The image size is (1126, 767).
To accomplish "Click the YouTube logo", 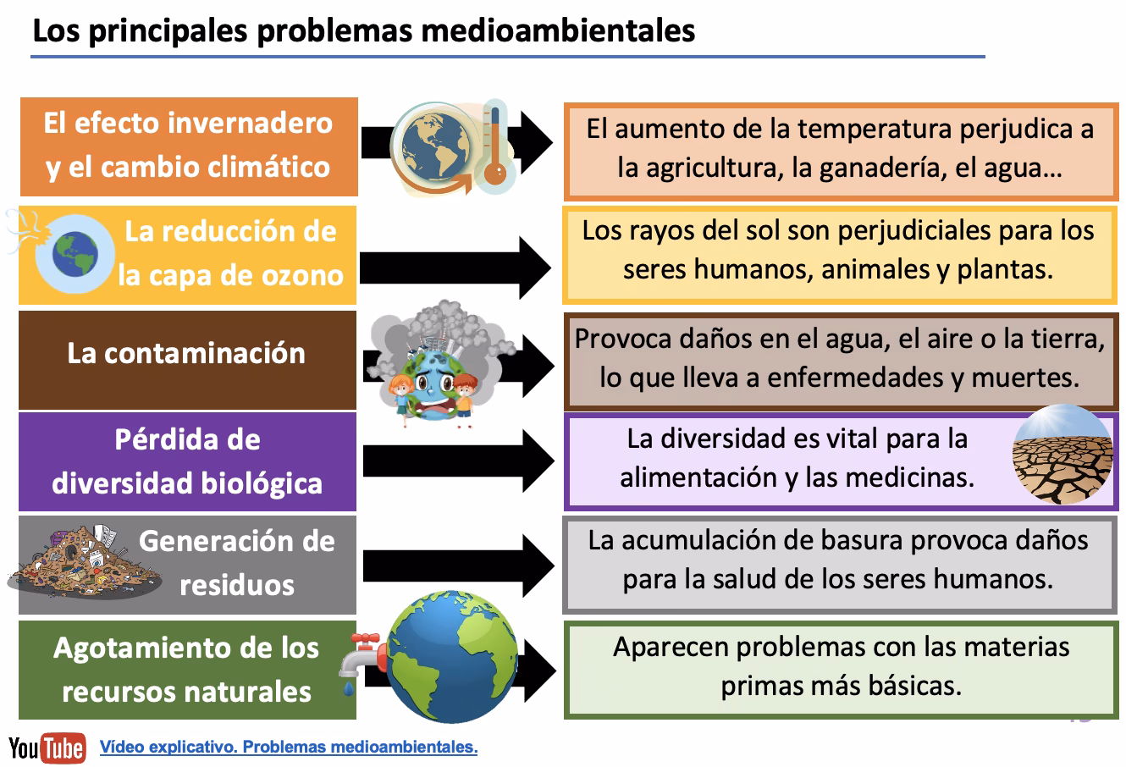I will click(x=47, y=748).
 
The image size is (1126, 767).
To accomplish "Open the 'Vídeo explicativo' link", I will click(x=289, y=748).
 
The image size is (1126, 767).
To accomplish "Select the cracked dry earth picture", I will click(x=1062, y=455).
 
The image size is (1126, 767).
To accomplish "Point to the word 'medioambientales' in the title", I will click(x=558, y=30).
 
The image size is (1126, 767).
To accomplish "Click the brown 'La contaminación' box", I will click(x=187, y=353).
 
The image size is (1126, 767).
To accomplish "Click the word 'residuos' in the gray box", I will click(x=236, y=585).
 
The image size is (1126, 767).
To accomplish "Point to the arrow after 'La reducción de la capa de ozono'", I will click(x=457, y=268).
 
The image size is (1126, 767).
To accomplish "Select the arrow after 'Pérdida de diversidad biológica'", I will click(x=457, y=461).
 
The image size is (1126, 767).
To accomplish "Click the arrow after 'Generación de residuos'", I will click(x=457, y=566).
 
